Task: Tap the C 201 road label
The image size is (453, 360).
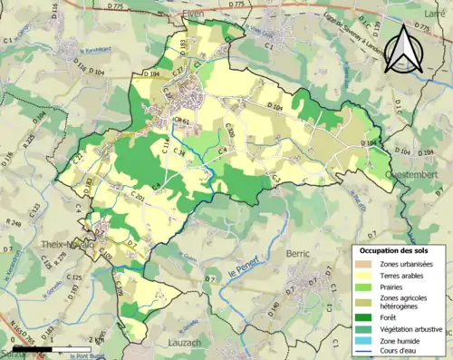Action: coord(136,196)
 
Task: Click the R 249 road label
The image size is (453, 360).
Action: coord(14,222)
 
